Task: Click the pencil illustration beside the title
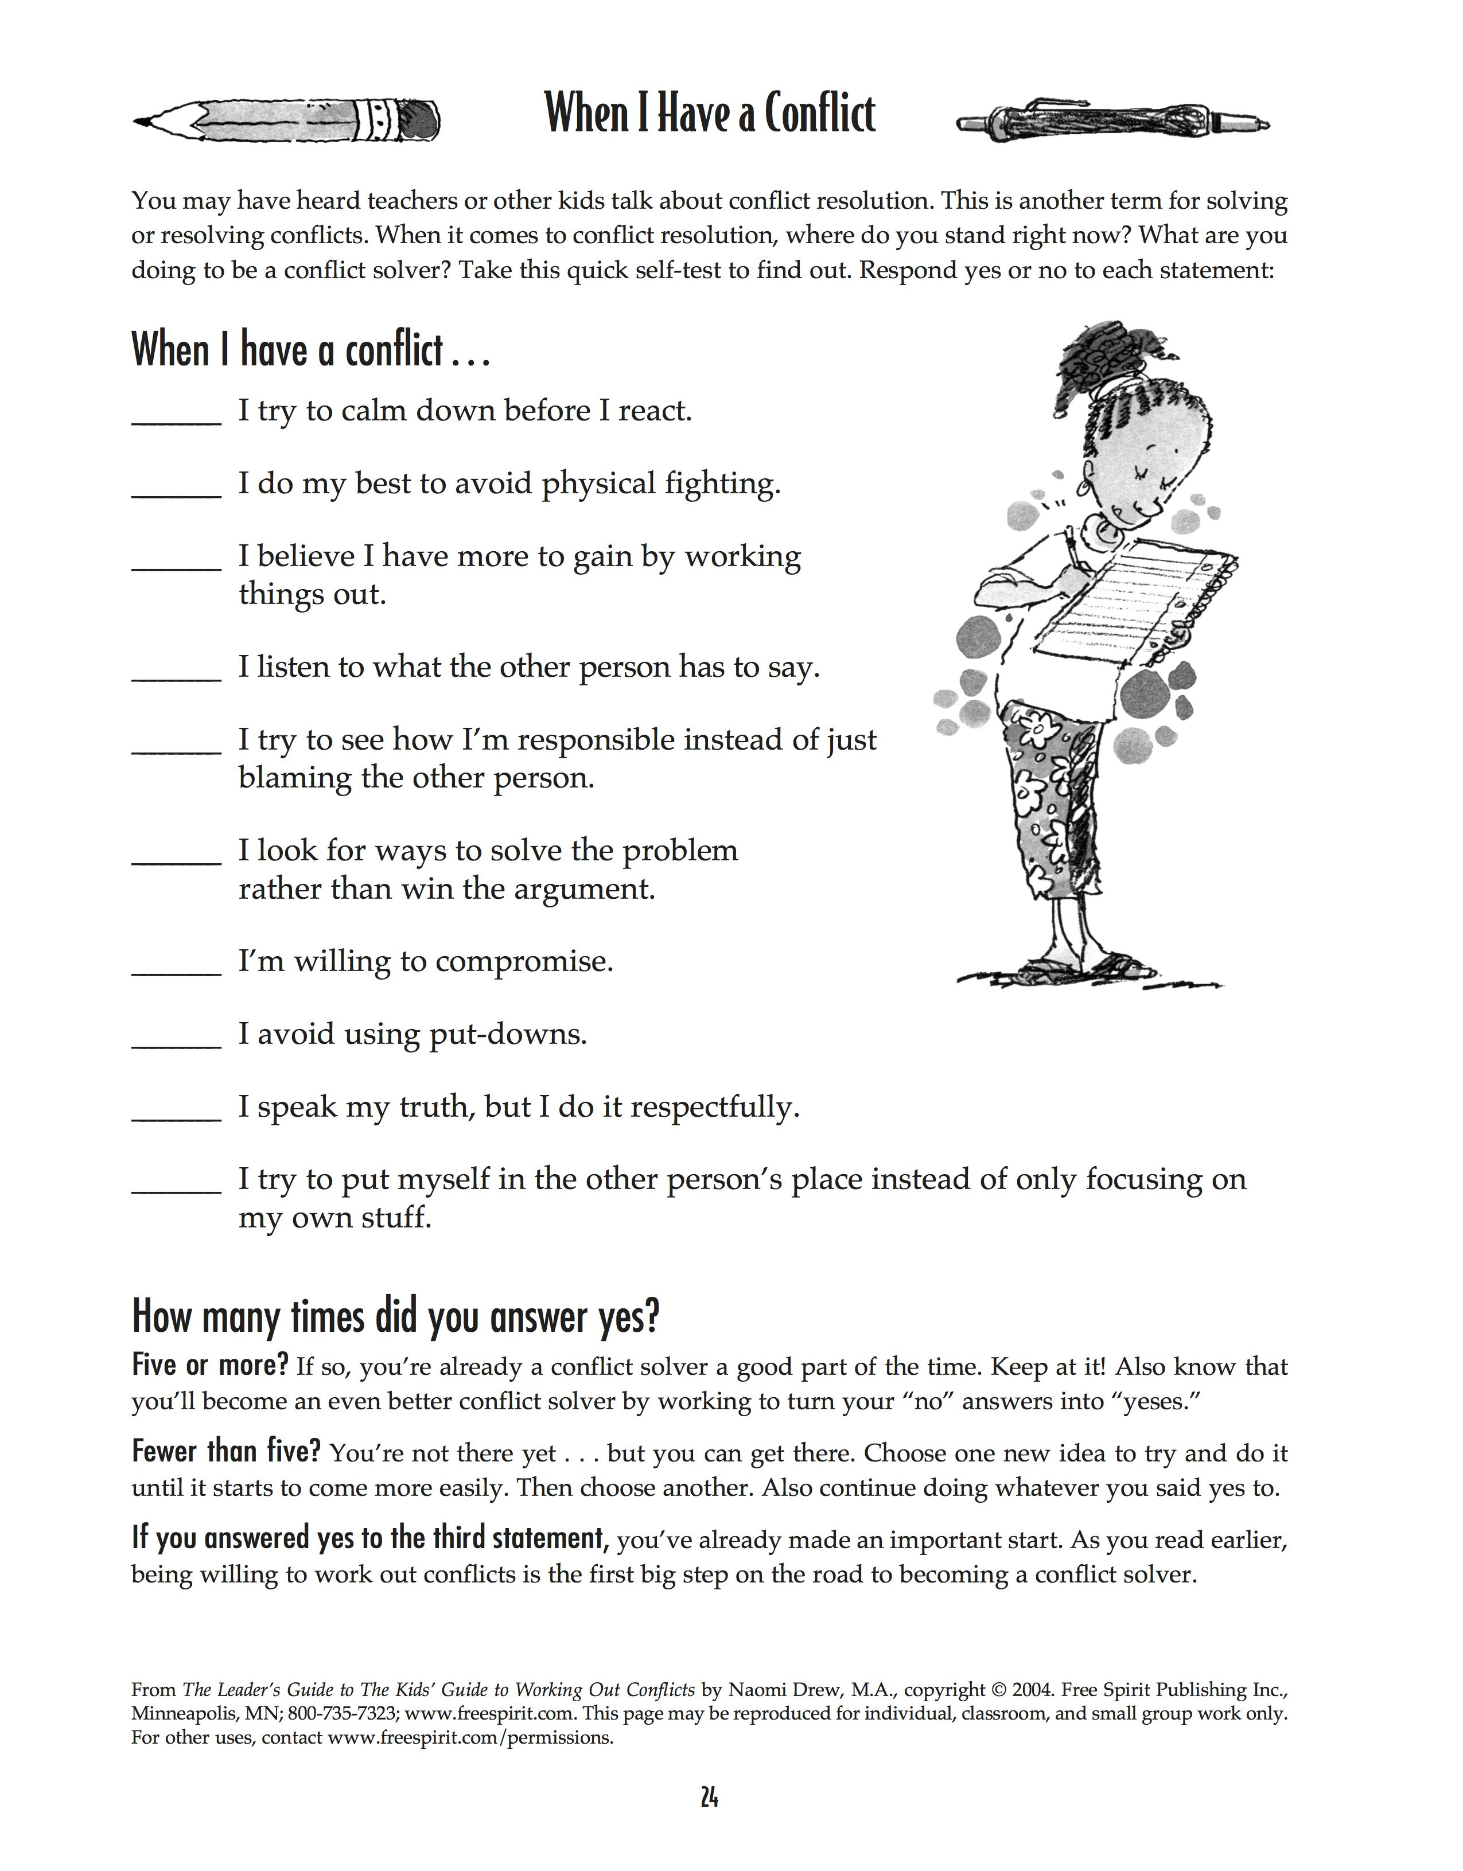[x=287, y=123]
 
